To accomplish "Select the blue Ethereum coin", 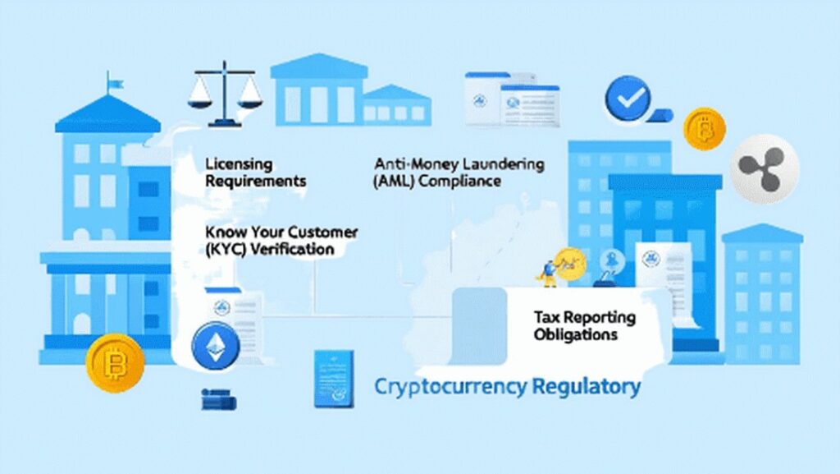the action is [216, 346].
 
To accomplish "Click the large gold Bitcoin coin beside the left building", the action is [115, 364].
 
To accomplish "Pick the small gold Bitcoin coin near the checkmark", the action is [705, 129].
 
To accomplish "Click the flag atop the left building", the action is [114, 84].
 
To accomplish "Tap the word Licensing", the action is [239, 164].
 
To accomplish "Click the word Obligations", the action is [576, 334].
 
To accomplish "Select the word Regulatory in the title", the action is [587, 387].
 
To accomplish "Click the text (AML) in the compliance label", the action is [394, 182].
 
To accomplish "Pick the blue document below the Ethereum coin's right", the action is [334, 379].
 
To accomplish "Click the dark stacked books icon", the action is [218, 399].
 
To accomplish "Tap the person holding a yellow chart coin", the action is [549, 273].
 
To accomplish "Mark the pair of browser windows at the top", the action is [512, 99].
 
